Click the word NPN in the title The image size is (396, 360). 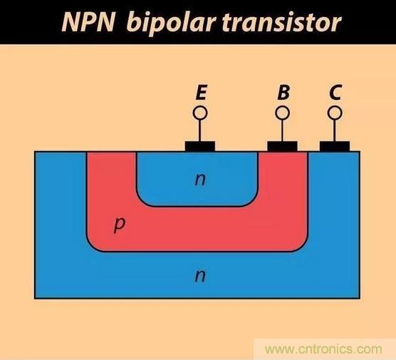(88, 22)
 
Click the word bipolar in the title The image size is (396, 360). (171, 24)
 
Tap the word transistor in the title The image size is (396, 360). (282, 22)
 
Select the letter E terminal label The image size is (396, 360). (202, 92)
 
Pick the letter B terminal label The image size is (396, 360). (283, 92)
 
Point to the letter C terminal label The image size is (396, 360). (335, 92)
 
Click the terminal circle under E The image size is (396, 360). (200, 113)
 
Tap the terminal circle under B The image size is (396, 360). (282, 113)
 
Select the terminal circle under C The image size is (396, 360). (335, 113)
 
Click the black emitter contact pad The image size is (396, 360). (200, 146)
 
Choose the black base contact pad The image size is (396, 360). (282, 146)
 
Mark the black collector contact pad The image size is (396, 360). (335, 146)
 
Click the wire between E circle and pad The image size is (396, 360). (200, 130)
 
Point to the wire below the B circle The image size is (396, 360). (282, 130)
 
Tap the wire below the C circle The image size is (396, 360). (335, 130)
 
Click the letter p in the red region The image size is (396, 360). (119, 225)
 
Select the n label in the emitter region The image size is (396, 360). (200, 180)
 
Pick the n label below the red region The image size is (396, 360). (200, 276)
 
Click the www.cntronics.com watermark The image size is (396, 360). (323, 349)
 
